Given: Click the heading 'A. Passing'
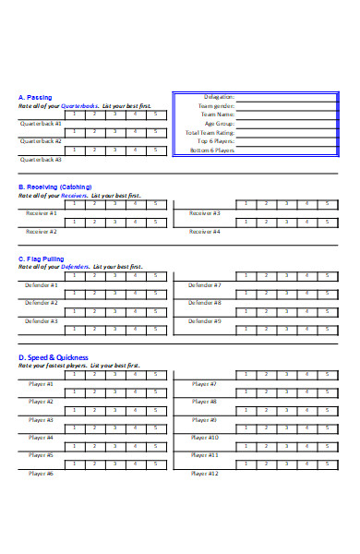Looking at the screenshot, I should [x=35, y=97].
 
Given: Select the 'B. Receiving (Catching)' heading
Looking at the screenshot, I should [x=54, y=187].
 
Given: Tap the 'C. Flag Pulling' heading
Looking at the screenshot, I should [x=42, y=259].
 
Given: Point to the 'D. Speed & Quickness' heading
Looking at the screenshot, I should [x=54, y=357].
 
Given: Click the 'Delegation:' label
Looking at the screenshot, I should [x=219, y=96].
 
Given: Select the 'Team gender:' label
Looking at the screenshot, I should [x=216, y=105].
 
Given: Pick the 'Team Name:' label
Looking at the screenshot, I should [x=218, y=114].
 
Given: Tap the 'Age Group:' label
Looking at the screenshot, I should [x=219, y=123].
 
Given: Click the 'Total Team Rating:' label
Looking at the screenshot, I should [x=210, y=132].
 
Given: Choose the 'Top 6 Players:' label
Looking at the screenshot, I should [x=214, y=141].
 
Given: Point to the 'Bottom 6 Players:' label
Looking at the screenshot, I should [x=211, y=150].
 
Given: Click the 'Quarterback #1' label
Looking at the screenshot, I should [x=42, y=123].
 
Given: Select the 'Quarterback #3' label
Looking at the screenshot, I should [x=42, y=159].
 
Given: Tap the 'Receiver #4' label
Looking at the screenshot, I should [x=204, y=232].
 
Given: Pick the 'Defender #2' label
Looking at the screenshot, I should [x=42, y=303].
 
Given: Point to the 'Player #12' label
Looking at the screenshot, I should [x=204, y=474].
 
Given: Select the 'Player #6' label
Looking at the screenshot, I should [x=42, y=474].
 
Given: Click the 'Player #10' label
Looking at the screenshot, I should [x=204, y=438].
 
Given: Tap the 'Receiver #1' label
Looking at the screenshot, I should [x=42, y=213].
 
